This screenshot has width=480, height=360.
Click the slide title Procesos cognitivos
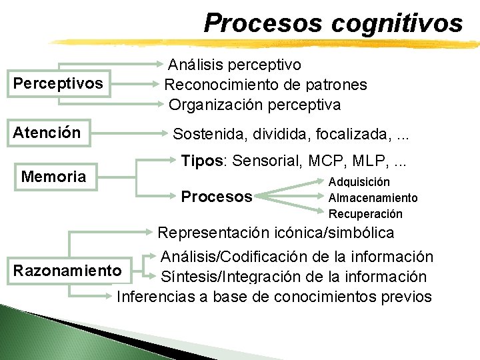333,23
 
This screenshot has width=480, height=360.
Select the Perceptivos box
58,84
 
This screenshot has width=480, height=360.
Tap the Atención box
47,133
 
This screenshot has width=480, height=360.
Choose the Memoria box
54,177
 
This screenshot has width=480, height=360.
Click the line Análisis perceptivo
235,65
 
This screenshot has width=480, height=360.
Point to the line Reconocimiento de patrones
265,85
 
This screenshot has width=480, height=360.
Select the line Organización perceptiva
255,105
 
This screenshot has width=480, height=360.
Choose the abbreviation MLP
361,161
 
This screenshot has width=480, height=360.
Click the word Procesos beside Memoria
217,197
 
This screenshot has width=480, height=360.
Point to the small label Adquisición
359,182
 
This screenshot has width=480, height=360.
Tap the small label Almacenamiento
373,198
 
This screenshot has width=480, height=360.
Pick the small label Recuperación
365,214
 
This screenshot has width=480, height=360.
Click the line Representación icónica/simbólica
275,233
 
